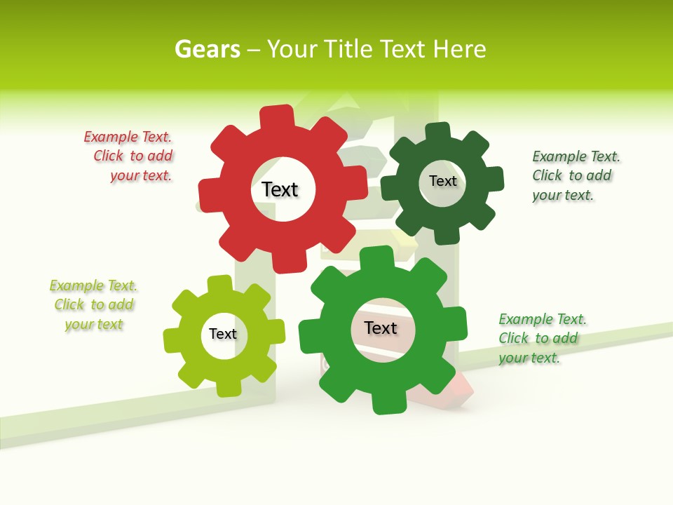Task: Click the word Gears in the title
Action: [x=207, y=49]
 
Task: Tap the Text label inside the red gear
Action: [x=280, y=189]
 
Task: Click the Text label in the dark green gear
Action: [x=442, y=181]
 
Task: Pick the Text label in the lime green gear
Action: [x=223, y=334]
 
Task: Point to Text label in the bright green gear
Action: [x=381, y=328]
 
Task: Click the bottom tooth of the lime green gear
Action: [x=228, y=386]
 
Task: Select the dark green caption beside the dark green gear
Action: [x=575, y=175]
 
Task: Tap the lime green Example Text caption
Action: [x=94, y=305]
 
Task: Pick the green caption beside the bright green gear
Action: [x=541, y=338]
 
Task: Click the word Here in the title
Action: [x=459, y=49]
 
